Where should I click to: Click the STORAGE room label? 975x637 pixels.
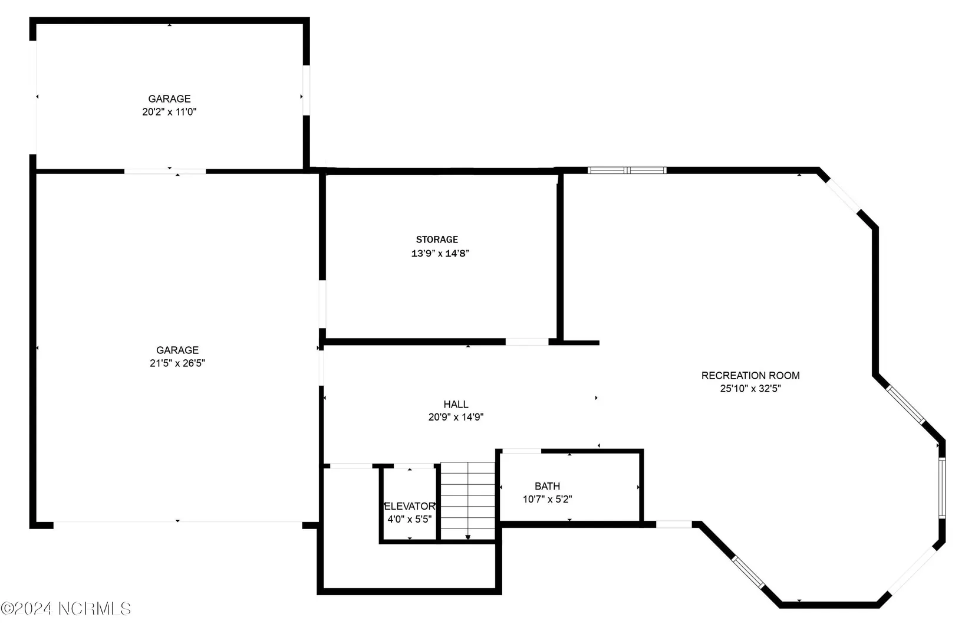[x=437, y=239]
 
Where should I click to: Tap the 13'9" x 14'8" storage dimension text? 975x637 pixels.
[x=440, y=253]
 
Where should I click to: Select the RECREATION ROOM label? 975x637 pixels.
[x=750, y=375]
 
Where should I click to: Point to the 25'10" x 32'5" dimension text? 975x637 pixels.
[x=750, y=388]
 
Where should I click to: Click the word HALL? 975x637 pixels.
[x=456, y=404]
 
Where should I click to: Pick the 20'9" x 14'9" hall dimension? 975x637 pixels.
[x=456, y=417]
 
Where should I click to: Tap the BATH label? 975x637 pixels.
[x=547, y=486]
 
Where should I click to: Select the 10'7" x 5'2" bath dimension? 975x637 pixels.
[x=547, y=499]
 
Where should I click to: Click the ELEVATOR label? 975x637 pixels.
[x=410, y=506]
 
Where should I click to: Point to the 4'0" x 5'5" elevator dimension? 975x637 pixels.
[x=410, y=519]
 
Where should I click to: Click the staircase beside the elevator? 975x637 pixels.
[x=468, y=501]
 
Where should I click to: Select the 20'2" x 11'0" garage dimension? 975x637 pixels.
[x=169, y=112]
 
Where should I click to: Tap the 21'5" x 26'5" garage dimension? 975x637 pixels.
[x=177, y=363]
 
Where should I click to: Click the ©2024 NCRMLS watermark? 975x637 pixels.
[x=65, y=608]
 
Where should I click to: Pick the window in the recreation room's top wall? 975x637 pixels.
[x=627, y=170]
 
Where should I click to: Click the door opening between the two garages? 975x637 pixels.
[x=165, y=172]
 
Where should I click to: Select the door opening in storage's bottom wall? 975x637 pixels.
[x=526, y=342]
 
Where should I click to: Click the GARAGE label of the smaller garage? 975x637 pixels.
[x=169, y=99]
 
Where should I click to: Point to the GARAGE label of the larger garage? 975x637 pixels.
[x=177, y=350]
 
